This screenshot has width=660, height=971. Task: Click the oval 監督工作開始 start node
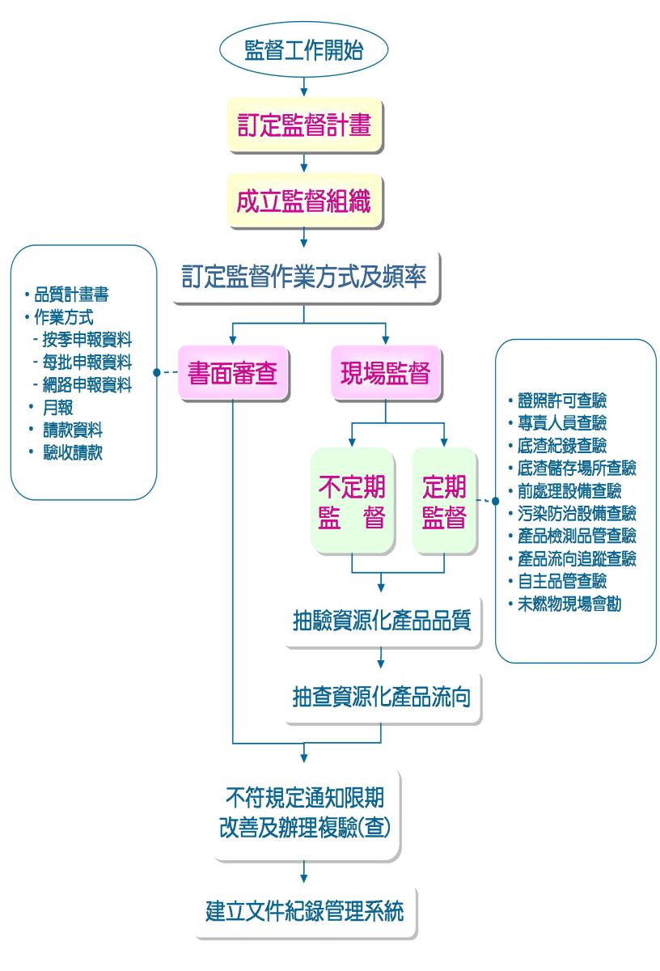pos(303,50)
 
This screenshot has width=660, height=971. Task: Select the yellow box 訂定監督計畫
pos(303,125)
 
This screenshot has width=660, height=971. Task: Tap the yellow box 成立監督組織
pos(303,201)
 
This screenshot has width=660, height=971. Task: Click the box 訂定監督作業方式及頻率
pos(303,277)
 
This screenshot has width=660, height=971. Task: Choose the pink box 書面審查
pos(232,373)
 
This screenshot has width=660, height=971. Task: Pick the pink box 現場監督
pos(384,373)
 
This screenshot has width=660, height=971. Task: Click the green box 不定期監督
pos(352,501)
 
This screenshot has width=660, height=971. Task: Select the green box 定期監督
pos(444,501)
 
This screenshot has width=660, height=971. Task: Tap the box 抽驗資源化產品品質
pos(381,621)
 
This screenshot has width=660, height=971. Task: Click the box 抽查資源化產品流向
pos(381,697)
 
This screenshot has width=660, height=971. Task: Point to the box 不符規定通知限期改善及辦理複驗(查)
pos(304,812)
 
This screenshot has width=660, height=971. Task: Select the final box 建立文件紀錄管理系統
pos(304,910)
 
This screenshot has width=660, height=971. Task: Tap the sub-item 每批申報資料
pos(87,362)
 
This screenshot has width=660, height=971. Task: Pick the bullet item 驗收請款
pos(73,452)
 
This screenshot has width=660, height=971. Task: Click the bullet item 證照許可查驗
pos(562,400)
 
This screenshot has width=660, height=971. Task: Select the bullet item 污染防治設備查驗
pos(577,513)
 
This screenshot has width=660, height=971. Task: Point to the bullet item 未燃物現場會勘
pos(569,604)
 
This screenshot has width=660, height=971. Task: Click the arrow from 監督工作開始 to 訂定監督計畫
pos(303,87)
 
